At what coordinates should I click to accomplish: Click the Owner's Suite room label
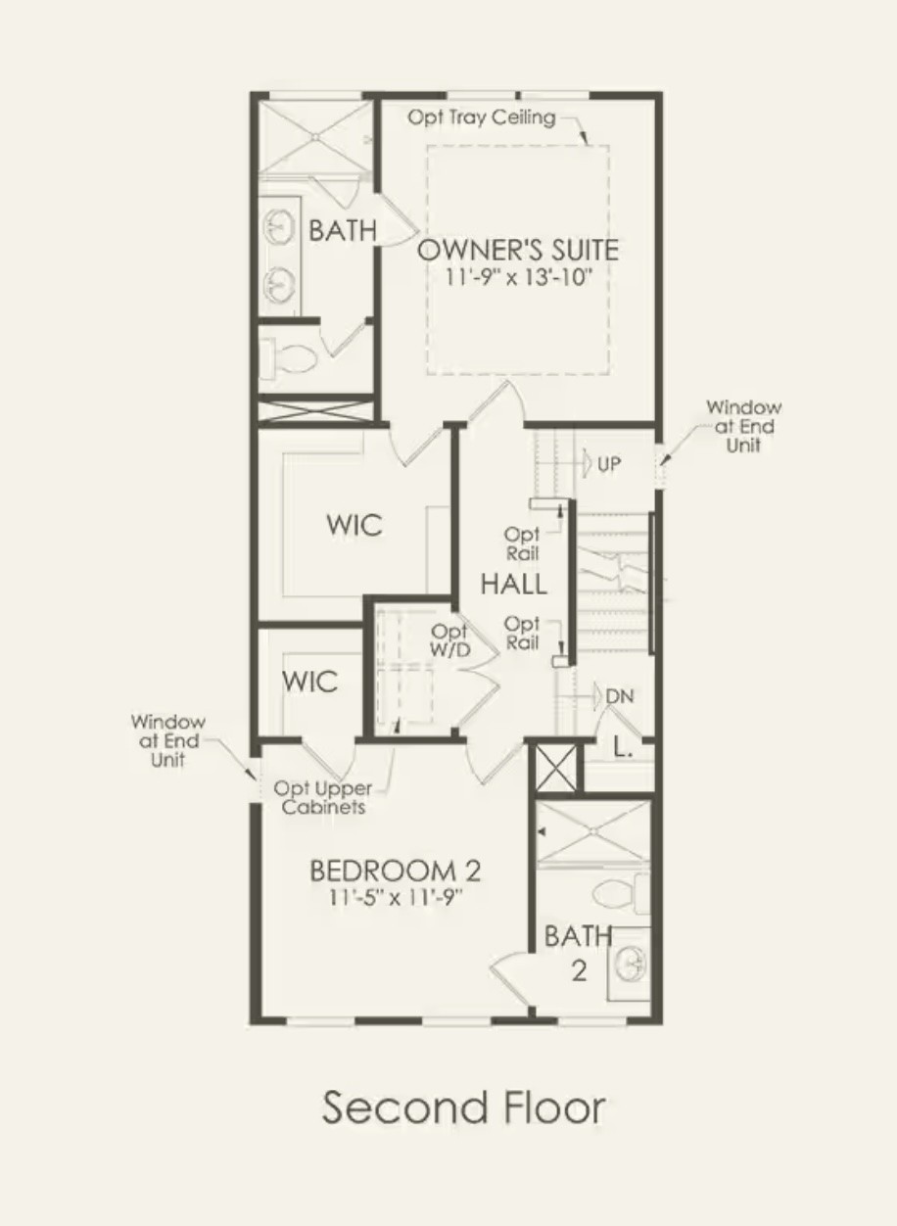pos(518,250)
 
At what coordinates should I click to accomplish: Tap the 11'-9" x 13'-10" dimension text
pos(518,277)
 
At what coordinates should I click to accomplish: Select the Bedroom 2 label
pos(396,871)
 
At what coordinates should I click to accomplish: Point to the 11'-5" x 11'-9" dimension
pos(396,898)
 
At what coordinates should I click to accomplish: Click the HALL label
pos(513,584)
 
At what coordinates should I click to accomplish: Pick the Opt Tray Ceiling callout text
pos(482,118)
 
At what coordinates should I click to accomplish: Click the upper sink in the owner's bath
pos(279,226)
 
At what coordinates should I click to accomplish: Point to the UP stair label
pos(609,464)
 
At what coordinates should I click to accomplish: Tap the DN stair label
pos(620,696)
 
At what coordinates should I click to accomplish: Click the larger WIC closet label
pos(354,526)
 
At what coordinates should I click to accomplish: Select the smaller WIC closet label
pos(309,682)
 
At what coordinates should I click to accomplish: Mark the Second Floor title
pos(463,1107)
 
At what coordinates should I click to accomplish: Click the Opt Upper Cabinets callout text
pos(323,797)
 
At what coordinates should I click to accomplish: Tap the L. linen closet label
pos(623,746)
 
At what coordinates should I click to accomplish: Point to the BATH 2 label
pos(579,953)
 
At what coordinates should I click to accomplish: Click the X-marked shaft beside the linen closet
pos(555,768)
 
